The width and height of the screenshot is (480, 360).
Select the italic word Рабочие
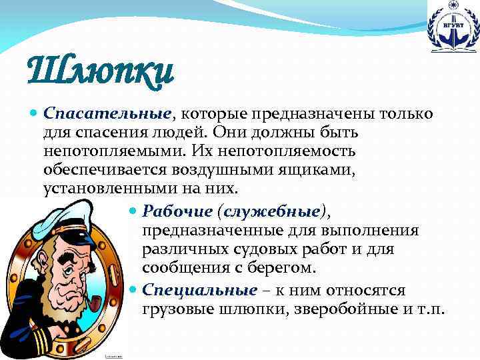pos(177,211)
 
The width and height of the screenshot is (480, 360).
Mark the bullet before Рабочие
pos(133,212)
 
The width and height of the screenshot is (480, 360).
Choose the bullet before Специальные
pos(133,291)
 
